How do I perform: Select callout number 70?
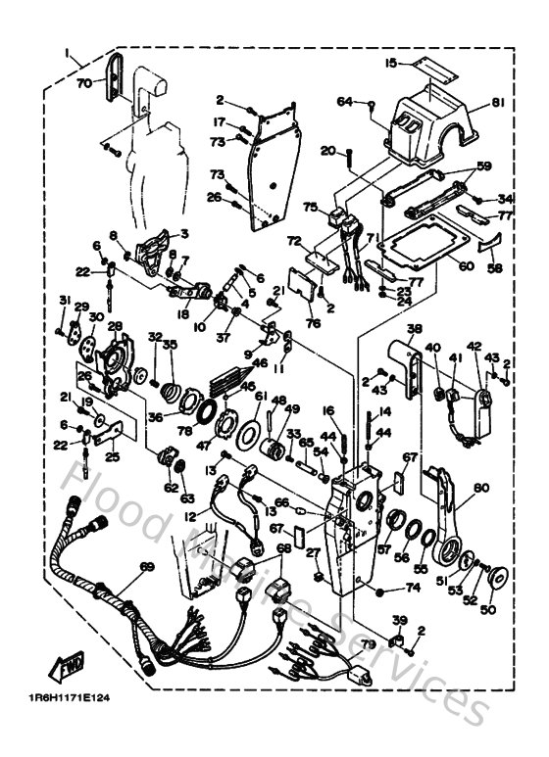coord(83,83)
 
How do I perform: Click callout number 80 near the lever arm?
coord(479,486)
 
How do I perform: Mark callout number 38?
coord(415,329)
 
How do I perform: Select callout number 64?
coord(344,101)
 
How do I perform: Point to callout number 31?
coord(64,300)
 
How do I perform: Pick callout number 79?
coord(369,643)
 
